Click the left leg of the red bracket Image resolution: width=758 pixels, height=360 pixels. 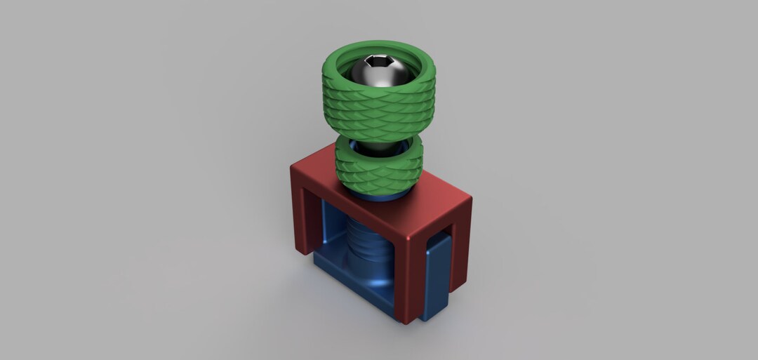(302, 211)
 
